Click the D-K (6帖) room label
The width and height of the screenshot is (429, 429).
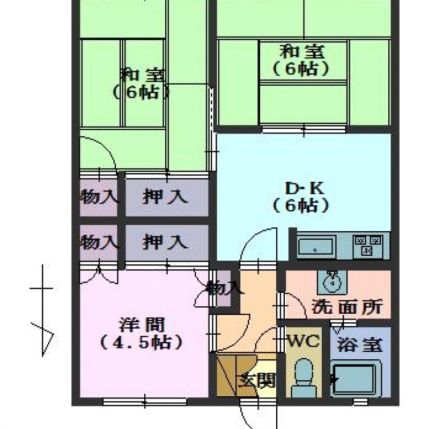click(301, 197)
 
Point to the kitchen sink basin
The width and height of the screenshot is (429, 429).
click(316, 246)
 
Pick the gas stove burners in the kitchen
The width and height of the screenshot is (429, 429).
click(367, 246)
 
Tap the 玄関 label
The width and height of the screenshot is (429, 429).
click(257, 380)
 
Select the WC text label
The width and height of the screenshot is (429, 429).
click(304, 341)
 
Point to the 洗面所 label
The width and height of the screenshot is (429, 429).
click(347, 307)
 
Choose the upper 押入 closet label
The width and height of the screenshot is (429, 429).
click(165, 196)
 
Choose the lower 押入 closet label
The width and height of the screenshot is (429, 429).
click(165, 242)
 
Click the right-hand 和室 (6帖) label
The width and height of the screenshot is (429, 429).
click(301, 60)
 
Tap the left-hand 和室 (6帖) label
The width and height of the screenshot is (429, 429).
click(139, 84)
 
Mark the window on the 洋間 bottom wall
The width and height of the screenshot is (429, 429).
click(145, 402)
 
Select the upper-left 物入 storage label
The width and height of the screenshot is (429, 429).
click(100, 196)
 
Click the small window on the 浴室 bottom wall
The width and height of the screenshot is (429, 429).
click(360, 402)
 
